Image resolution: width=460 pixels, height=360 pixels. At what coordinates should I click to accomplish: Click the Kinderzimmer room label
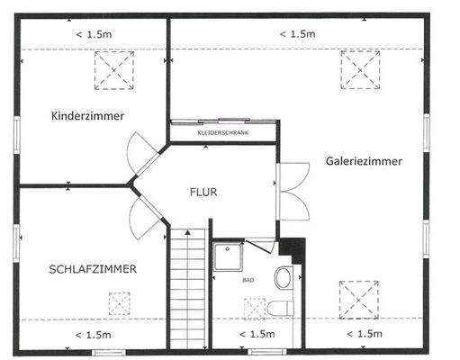coord(87,116)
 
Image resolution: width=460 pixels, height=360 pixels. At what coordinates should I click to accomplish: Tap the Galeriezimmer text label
coord(365,161)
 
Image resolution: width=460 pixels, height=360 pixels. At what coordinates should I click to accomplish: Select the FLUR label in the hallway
coord(203,192)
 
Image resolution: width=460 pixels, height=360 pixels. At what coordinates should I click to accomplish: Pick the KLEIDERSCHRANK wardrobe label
coord(222,133)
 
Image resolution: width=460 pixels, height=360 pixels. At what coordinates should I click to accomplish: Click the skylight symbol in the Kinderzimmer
coord(113,69)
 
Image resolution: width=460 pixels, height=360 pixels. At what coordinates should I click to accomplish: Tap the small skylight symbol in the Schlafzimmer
coord(119,302)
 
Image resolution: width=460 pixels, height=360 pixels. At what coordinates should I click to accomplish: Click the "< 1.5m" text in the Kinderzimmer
coord(93,34)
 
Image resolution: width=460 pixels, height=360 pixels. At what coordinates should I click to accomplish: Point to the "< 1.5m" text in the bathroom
coord(257,335)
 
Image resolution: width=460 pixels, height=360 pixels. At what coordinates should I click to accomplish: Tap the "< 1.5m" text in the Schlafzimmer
coord(93,335)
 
